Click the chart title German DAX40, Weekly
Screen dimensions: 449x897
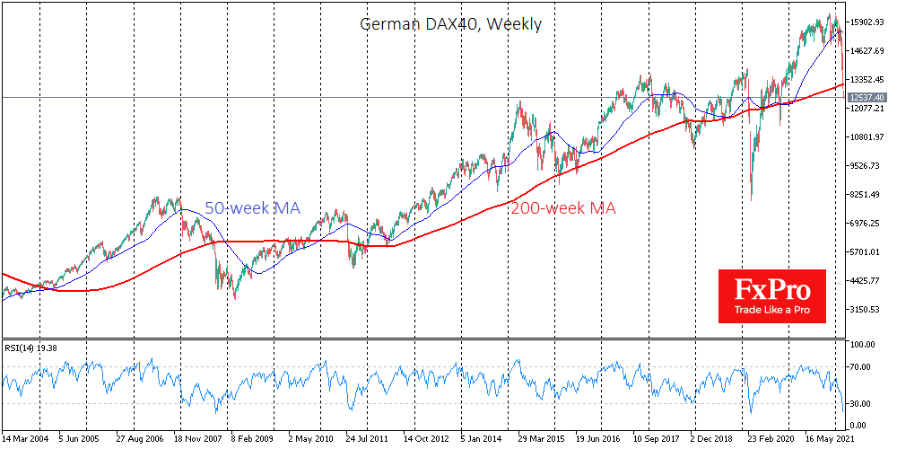[x=450, y=24]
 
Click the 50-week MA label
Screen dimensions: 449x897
[x=252, y=207]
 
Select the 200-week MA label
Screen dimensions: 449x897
[x=564, y=207]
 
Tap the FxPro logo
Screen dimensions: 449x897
[x=771, y=295]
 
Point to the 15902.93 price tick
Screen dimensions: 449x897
[x=867, y=22]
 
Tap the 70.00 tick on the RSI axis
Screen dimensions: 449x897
[x=863, y=367]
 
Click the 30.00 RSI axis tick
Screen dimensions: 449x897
[x=863, y=404]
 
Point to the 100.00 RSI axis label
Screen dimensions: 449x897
[x=865, y=345]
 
